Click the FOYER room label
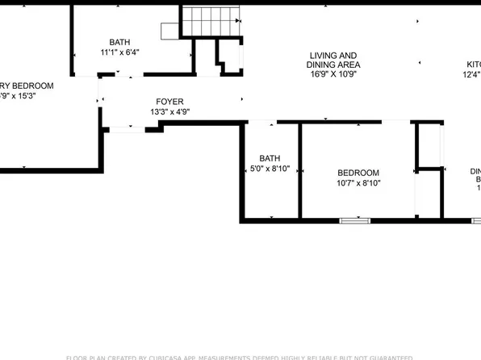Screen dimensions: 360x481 point(169,102)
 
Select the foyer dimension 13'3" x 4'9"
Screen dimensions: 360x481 point(169,112)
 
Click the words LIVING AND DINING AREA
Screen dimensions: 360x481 point(333,59)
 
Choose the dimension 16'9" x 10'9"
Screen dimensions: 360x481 point(333,74)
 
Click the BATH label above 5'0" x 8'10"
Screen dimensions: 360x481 point(270,158)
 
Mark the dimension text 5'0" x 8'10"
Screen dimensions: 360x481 point(270,170)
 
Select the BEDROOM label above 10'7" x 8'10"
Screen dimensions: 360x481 point(358,173)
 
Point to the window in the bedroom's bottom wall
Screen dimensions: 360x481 point(354,220)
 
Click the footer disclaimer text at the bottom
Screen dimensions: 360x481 point(240,357)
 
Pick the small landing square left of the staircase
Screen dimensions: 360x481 point(169,31)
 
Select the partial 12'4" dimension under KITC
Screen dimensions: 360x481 point(471,75)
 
